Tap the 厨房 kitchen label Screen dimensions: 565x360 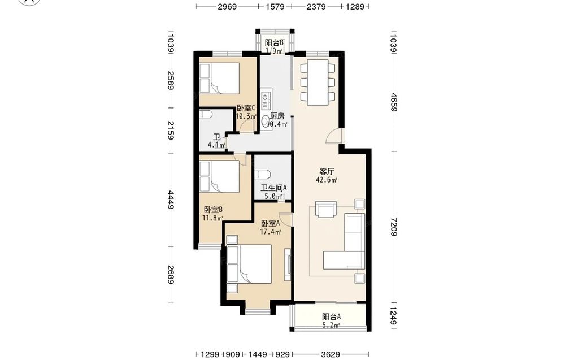tap(277, 116)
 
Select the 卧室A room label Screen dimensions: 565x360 tap(271, 223)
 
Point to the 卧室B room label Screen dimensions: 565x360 tap(213, 210)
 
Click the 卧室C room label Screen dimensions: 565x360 tap(246, 108)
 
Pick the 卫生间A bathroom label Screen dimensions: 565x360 tap(274, 188)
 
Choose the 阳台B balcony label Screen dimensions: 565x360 tap(275, 42)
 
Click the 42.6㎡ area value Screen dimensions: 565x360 tap(327, 180)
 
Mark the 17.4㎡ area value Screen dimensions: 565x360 tap(271, 232)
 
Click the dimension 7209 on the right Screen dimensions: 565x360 tap(394, 227)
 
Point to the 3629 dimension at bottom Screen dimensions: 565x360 tap(330, 354)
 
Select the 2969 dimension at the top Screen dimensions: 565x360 tap(227, 6)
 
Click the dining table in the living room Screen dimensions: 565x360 tap(318, 82)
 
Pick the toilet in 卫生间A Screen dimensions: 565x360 tap(262, 175)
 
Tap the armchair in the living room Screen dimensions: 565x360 tap(326, 209)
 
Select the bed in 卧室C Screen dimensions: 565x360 tap(219, 79)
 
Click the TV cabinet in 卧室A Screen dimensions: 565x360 tap(288, 264)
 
